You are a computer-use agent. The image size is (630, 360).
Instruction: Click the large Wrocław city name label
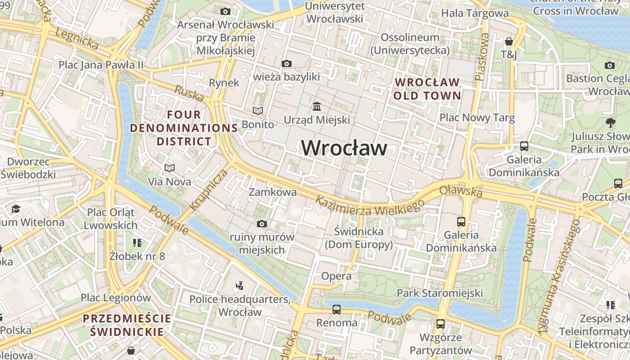344,148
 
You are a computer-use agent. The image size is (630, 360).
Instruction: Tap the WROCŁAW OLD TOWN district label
427,89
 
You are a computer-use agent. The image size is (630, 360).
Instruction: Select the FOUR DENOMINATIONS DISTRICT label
184,128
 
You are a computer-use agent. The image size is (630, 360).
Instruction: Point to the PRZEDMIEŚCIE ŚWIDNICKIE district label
127,325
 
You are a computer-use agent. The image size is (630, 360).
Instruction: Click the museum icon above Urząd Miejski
317,107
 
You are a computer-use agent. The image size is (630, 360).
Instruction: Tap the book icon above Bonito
257,111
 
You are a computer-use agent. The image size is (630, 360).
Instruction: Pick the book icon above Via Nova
170,168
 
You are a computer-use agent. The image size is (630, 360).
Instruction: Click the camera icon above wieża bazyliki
286,64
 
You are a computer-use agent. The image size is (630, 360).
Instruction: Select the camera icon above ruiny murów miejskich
261,224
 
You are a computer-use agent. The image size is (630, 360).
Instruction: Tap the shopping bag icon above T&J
509,41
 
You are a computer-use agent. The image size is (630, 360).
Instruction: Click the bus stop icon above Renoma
337,309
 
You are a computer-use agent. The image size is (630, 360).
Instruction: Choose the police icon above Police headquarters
239,285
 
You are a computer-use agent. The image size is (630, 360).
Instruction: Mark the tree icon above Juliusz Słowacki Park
611,122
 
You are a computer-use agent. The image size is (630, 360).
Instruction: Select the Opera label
336,276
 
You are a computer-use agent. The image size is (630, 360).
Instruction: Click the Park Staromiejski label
440,293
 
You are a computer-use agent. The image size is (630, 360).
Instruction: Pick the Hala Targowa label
475,13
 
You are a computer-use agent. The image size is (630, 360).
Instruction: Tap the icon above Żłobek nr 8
137,243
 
